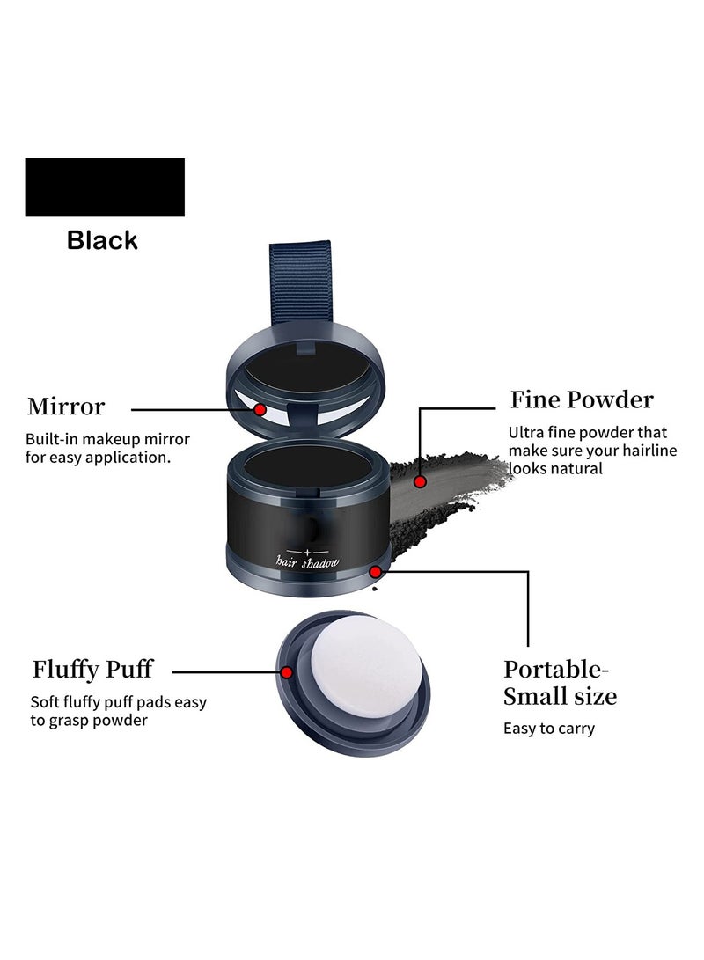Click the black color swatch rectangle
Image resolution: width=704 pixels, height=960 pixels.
[105, 187]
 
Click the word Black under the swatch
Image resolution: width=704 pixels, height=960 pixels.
[102, 240]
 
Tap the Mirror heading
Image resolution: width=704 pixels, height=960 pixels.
[66, 407]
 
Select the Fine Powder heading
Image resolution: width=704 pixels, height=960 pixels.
[582, 400]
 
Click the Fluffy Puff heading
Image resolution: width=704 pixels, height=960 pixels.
[92, 670]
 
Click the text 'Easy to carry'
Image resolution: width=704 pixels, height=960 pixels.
[549, 729]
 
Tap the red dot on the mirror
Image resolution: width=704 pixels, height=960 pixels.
[260, 409]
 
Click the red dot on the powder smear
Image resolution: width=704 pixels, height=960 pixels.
[421, 481]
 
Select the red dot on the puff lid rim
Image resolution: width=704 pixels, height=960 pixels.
[287, 672]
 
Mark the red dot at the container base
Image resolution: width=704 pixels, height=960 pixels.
[376, 571]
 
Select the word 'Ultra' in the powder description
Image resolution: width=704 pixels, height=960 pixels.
[526, 433]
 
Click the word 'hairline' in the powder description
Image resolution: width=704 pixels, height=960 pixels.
[642, 451]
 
